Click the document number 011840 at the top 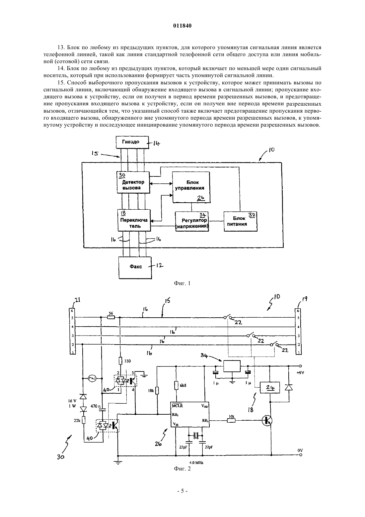point(182,26)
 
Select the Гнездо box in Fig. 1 point(132,142)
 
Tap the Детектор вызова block point(133,182)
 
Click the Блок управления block point(191,187)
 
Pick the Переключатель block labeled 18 point(134,220)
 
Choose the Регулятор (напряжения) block point(192,222)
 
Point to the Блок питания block point(240,222)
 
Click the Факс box point(135,267)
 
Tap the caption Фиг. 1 point(182,283)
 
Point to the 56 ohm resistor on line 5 point(111,318)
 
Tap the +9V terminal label point(300,372)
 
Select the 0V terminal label point(300,450)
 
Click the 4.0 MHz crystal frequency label point(196,463)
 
